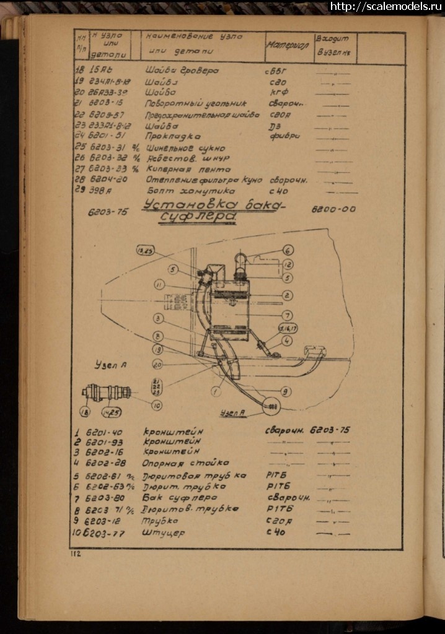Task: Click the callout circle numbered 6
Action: (x=288, y=251)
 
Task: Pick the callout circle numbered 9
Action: (x=285, y=391)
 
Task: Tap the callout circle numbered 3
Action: (x=159, y=318)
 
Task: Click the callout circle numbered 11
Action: (x=159, y=285)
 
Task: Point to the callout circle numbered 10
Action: (x=156, y=406)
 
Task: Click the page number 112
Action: (x=76, y=554)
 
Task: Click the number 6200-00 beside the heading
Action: (x=333, y=209)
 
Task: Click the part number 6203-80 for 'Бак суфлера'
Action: (x=99, y=498)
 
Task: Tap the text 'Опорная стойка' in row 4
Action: (x=186, y=462)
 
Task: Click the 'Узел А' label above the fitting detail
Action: (x=112, y=365)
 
